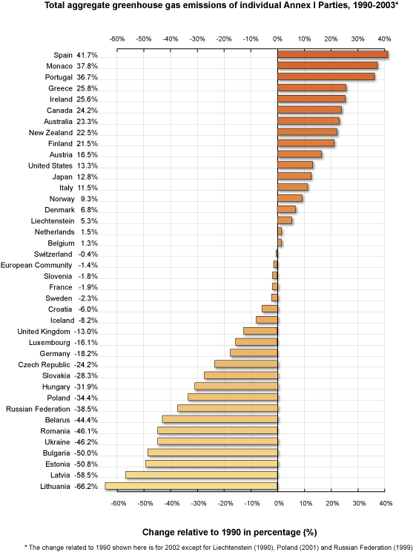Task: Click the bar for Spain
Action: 332,54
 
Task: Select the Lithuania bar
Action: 191,486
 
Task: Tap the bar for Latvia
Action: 202,475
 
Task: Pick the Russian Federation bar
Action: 228,408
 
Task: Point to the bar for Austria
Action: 300,154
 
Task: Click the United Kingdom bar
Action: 260,331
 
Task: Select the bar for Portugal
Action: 326,76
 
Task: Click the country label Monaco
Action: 59,66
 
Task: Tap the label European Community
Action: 36,265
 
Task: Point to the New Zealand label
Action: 50,133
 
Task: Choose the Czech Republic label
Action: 44,365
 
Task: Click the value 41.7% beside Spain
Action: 87,55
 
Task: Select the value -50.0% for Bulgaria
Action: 86,453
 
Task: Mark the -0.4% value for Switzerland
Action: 88,254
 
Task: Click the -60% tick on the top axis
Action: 117,39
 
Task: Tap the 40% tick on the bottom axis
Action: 386,504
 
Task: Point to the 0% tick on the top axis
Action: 277,39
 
